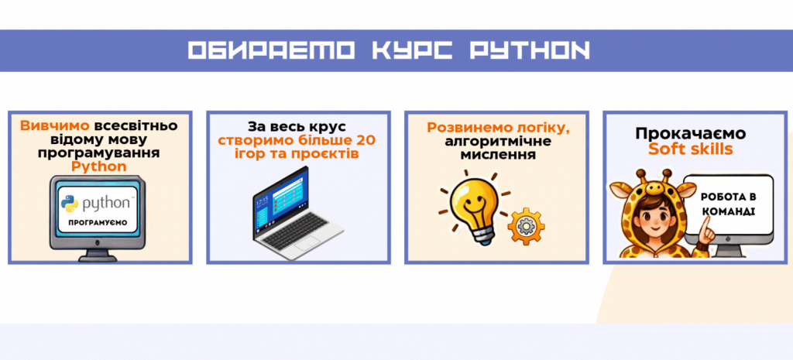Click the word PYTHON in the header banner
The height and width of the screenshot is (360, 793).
coord(530,50)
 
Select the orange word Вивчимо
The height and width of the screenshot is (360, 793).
coord(55,126)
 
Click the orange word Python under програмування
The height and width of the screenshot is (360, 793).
coord(99,166)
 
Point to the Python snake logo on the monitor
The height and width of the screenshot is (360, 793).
coord(69,204)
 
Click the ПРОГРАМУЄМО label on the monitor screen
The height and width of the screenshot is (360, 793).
coord(98,222)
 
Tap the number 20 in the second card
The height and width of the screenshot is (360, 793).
coord(366,139)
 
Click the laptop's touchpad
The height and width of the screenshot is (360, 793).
coord(306,244)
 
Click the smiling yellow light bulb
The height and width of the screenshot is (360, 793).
coord(472,206)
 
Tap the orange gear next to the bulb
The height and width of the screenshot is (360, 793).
coord(526,226)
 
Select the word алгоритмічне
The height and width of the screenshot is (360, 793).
coord(498,141)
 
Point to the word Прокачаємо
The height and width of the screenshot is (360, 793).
coord(691,133)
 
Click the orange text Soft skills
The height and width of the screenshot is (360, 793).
coord(691,149)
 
